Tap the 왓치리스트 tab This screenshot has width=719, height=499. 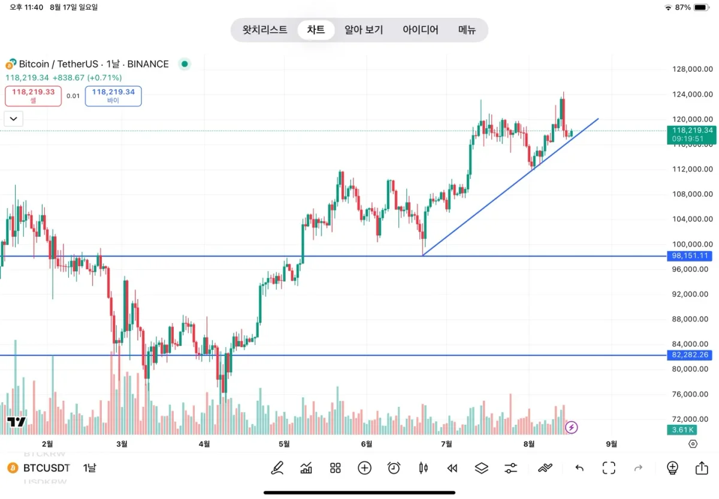[x=265, y=30]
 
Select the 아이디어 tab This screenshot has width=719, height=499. [x=420, y=30]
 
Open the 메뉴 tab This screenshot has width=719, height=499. [x=467, y=30]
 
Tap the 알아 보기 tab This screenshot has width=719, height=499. [x=363, y=30]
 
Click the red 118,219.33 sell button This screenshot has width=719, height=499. [x=34, y=96]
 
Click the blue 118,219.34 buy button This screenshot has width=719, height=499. [x=113, y=96]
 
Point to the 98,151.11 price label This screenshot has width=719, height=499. [x=691, y=256]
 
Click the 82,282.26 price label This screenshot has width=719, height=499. [x=691, y=355]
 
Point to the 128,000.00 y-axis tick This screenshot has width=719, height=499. [x=692, y=69]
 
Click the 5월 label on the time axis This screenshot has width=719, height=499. [x=284, y=444]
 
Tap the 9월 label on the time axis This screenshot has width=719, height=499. [x=611, y=444]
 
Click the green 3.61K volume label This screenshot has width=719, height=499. [x=682, y=430]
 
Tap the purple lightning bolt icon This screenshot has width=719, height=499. [x=572, y=427]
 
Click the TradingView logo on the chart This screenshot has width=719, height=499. [x=16, y=422]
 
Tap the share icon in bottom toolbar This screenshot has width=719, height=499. [x=702, y=468]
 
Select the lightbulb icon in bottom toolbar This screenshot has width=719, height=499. [x=672, y=468]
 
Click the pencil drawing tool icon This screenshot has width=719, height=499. [x=277, y=468]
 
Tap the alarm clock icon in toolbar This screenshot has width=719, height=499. [x=394, y=468]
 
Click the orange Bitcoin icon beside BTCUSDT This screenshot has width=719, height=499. [x=11, y=468]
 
